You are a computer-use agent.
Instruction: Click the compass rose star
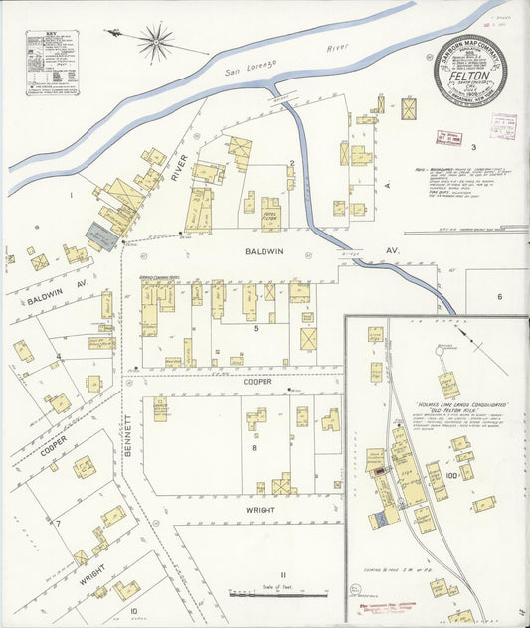[155, 41]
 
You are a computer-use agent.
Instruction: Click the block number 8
[254, 448]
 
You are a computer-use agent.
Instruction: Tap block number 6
[499, 296]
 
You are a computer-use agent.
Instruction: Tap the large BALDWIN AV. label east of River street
[265, 252]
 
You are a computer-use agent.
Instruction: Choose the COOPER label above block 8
[256, 381]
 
